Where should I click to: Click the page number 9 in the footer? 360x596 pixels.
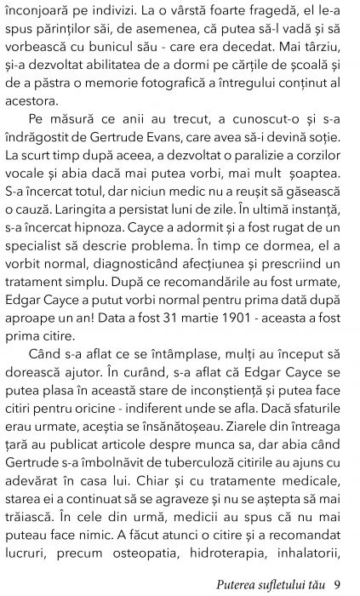pyautogui.click(x=339, y=583)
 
